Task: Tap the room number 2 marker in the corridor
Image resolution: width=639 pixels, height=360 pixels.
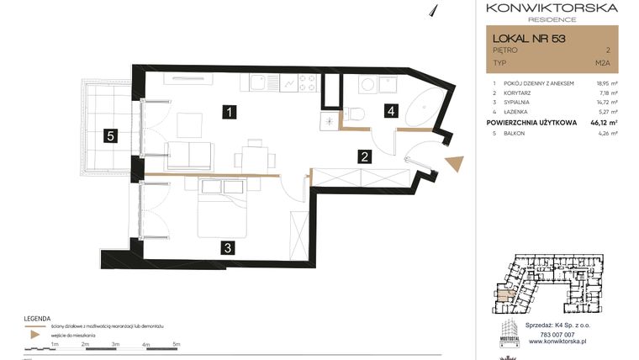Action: point(364,156)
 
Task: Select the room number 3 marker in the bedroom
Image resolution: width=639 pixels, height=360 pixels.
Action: point(228,247)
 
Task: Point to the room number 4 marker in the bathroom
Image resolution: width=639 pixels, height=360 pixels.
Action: point(390,110)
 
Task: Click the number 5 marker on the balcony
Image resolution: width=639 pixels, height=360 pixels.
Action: point(110,135)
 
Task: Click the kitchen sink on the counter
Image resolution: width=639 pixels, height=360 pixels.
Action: point(255,83)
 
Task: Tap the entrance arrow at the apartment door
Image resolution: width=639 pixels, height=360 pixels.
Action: point(455,163)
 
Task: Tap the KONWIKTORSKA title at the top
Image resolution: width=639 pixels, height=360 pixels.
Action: point(552,8)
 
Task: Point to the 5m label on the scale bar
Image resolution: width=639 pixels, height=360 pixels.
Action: point(177,344)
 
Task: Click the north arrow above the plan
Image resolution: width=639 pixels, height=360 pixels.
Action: point(436,9)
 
